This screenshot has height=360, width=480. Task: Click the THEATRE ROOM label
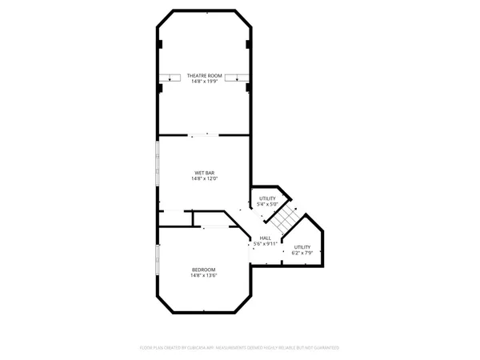click(204, 76)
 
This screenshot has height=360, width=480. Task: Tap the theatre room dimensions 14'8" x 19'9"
click(204, 82)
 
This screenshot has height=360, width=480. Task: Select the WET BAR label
click(204, 173)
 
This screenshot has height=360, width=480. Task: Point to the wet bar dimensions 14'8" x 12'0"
click(204, 179)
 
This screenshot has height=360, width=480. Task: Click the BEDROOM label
click(204, 270)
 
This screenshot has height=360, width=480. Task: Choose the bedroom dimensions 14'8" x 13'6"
click(204, 276)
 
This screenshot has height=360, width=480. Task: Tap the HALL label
click(266, 238)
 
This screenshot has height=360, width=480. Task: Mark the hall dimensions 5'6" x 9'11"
click(266, 243)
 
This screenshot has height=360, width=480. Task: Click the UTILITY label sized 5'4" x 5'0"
click(267, 198)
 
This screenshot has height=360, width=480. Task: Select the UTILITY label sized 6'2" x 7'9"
click(302, 247)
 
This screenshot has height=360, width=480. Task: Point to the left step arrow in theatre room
click(170, 77)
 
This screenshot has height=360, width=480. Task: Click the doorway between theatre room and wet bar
click(204, 135)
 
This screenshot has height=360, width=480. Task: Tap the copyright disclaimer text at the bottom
click(239, 348)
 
